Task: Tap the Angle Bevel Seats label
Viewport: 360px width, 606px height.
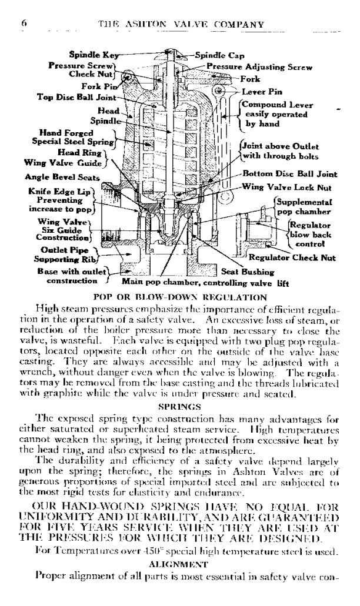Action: [x=62, y=176]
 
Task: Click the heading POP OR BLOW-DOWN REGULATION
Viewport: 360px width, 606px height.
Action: [x=179, y=296]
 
